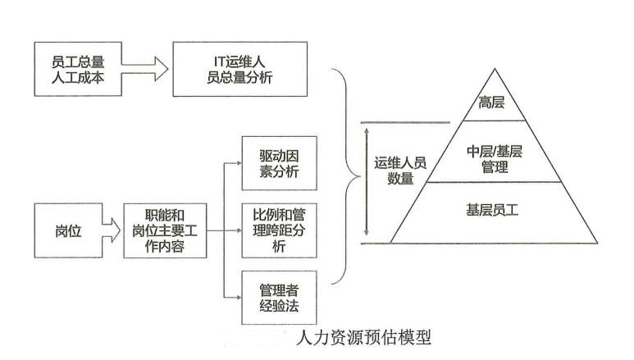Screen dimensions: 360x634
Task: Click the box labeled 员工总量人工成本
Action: [77, 69]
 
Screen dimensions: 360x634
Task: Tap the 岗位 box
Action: [68, 231]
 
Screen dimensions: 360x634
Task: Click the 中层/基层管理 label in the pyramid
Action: [494, 157]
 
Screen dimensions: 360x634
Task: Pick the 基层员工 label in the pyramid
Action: [493, 212]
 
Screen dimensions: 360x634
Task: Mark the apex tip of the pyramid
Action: [494, 71]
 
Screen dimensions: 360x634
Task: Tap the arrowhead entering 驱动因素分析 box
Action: [239, 162]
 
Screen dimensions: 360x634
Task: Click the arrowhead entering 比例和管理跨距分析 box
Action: [239, 230]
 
